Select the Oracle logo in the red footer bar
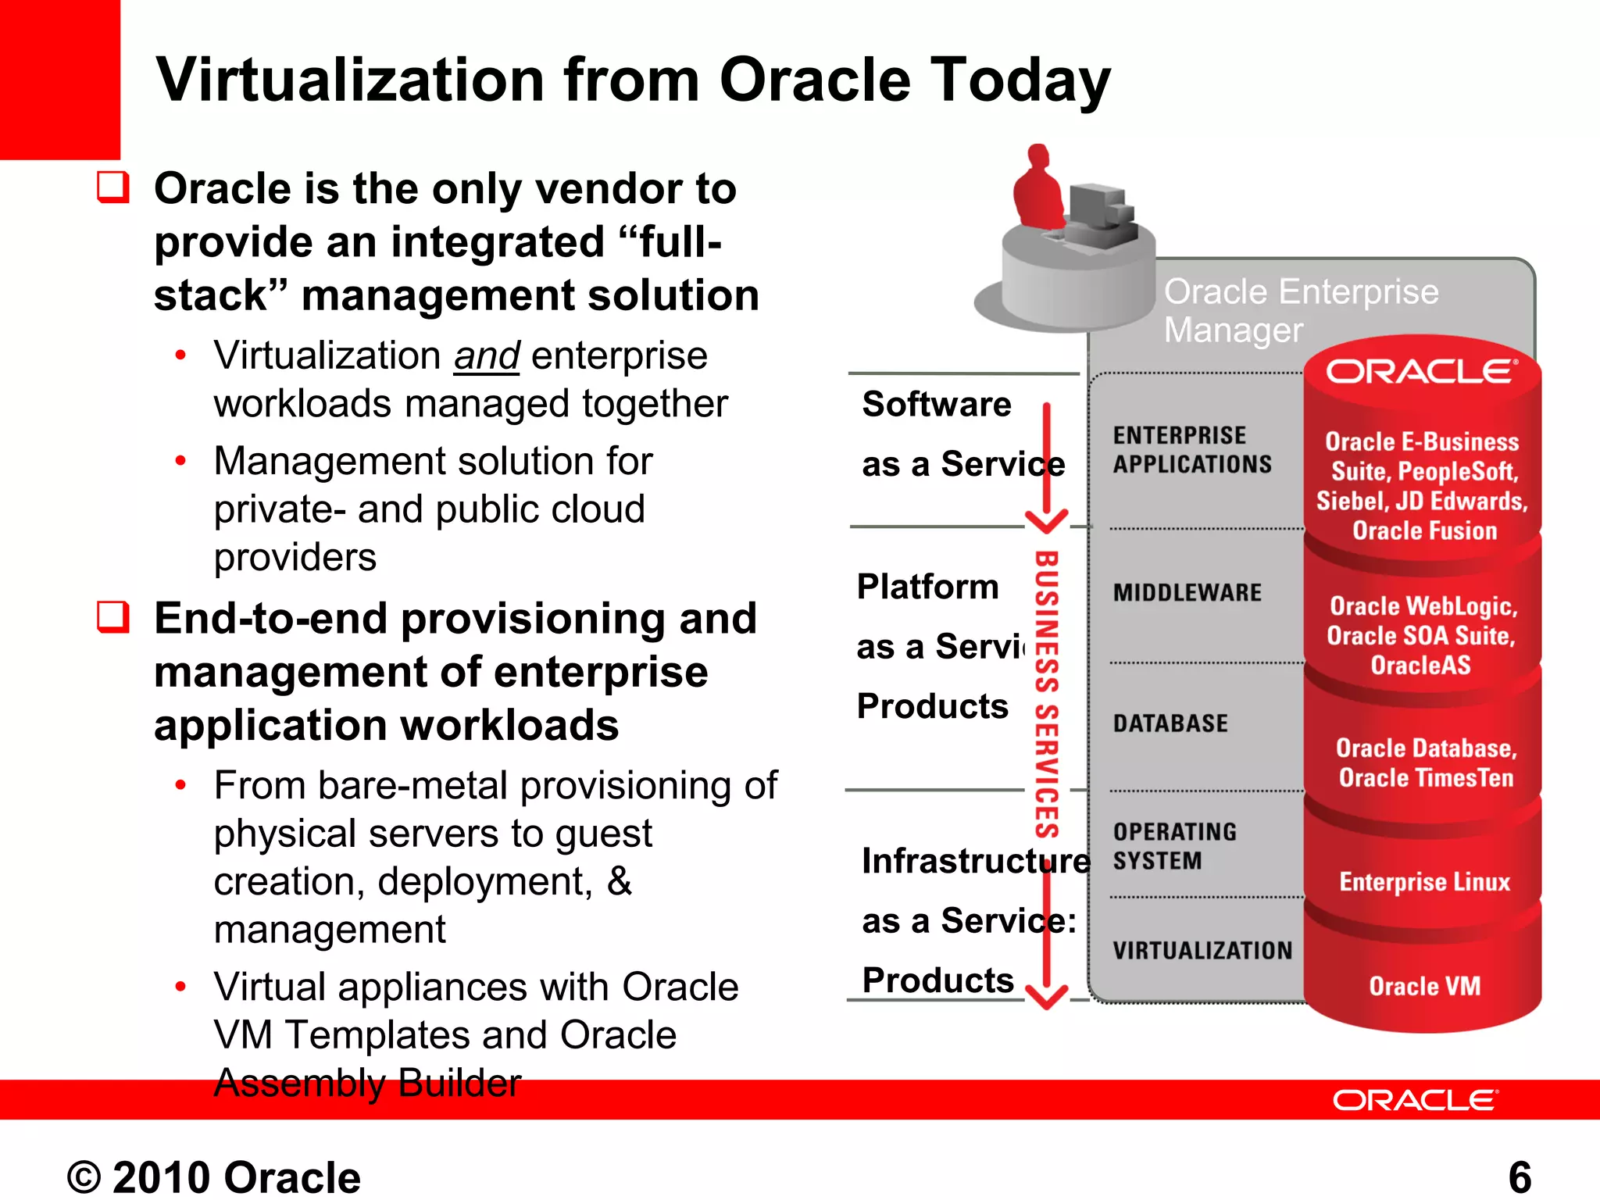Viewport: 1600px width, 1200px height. pos(1415,1100)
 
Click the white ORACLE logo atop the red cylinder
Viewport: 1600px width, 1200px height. pos(1421,371)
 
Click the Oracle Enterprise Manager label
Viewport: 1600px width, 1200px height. pos(1300,310)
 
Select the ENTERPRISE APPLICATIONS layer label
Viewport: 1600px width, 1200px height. pos(1191,449)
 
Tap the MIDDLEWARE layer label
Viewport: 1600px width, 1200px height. pos(1187,593)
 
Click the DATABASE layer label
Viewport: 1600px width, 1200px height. pos(1170,723)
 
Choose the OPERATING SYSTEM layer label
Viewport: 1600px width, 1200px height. pos(1174,846)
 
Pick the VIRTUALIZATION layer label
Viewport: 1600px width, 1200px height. pos(1202,951)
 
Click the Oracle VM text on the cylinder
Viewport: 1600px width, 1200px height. pos(1424,986)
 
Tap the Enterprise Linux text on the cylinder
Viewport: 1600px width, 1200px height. pos(1424,882)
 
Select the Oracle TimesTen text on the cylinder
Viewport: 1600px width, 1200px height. pos(1426,778)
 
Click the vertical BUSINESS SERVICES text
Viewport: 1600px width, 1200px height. pos(1047,695)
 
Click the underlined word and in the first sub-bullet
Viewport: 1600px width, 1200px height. pos(487,356)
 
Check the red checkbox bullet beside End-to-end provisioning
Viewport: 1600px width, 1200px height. pos(113,616)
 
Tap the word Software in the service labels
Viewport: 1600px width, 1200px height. pos(936,405)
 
